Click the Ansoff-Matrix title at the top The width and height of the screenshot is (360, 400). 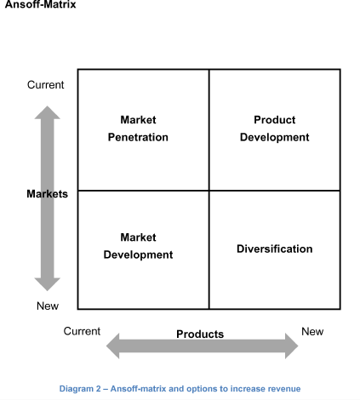(41, 4)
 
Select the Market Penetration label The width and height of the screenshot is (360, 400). (138, 129)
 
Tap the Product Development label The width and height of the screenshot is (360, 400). (275, 129)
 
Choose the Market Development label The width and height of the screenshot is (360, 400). (138, 246)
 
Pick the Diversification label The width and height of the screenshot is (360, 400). (275, 249)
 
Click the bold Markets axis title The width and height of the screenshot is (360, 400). (48, 194)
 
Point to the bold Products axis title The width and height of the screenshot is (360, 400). (200, 334)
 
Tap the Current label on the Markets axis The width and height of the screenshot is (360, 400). (46, 85)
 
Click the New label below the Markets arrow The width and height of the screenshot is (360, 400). (48, 306)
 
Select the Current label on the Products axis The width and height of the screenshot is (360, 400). (82, 331)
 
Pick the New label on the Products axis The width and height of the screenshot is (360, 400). (312, 331)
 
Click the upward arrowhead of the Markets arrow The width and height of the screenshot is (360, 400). (48, 112)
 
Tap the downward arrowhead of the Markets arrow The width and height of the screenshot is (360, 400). (48, 284)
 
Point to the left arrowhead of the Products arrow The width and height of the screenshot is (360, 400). (112, 346)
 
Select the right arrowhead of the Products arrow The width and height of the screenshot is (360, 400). (292, 346)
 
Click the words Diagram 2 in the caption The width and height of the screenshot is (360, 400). (80, 389)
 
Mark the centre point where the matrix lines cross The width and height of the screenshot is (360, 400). (209, 191)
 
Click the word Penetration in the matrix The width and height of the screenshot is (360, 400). (138, 137)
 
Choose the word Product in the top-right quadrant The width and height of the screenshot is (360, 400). (275, 120)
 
